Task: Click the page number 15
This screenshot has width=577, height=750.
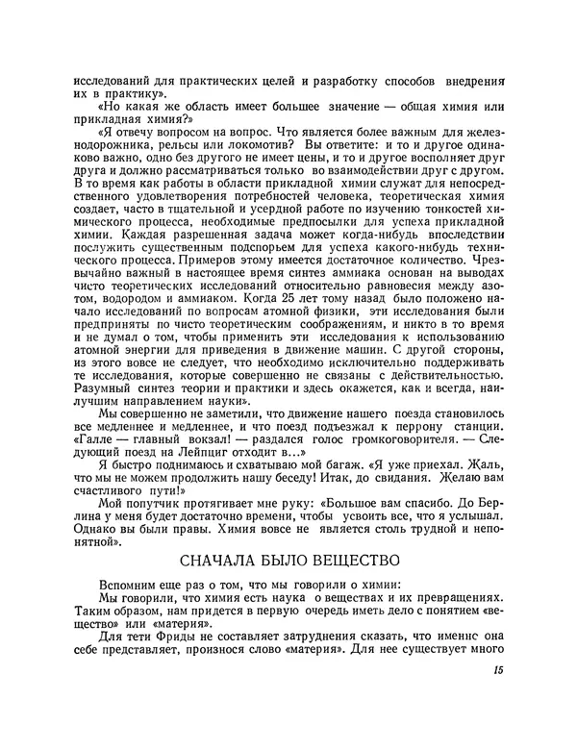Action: coord(497,672)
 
